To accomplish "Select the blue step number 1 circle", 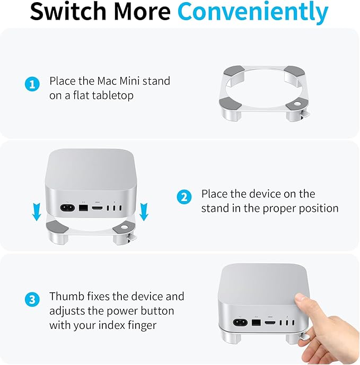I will (x=32, y=84).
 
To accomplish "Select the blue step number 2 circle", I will (x=183, y=197).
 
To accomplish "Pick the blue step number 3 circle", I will (x=32, y=299).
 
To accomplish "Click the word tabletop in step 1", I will (x=115, y=96).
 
